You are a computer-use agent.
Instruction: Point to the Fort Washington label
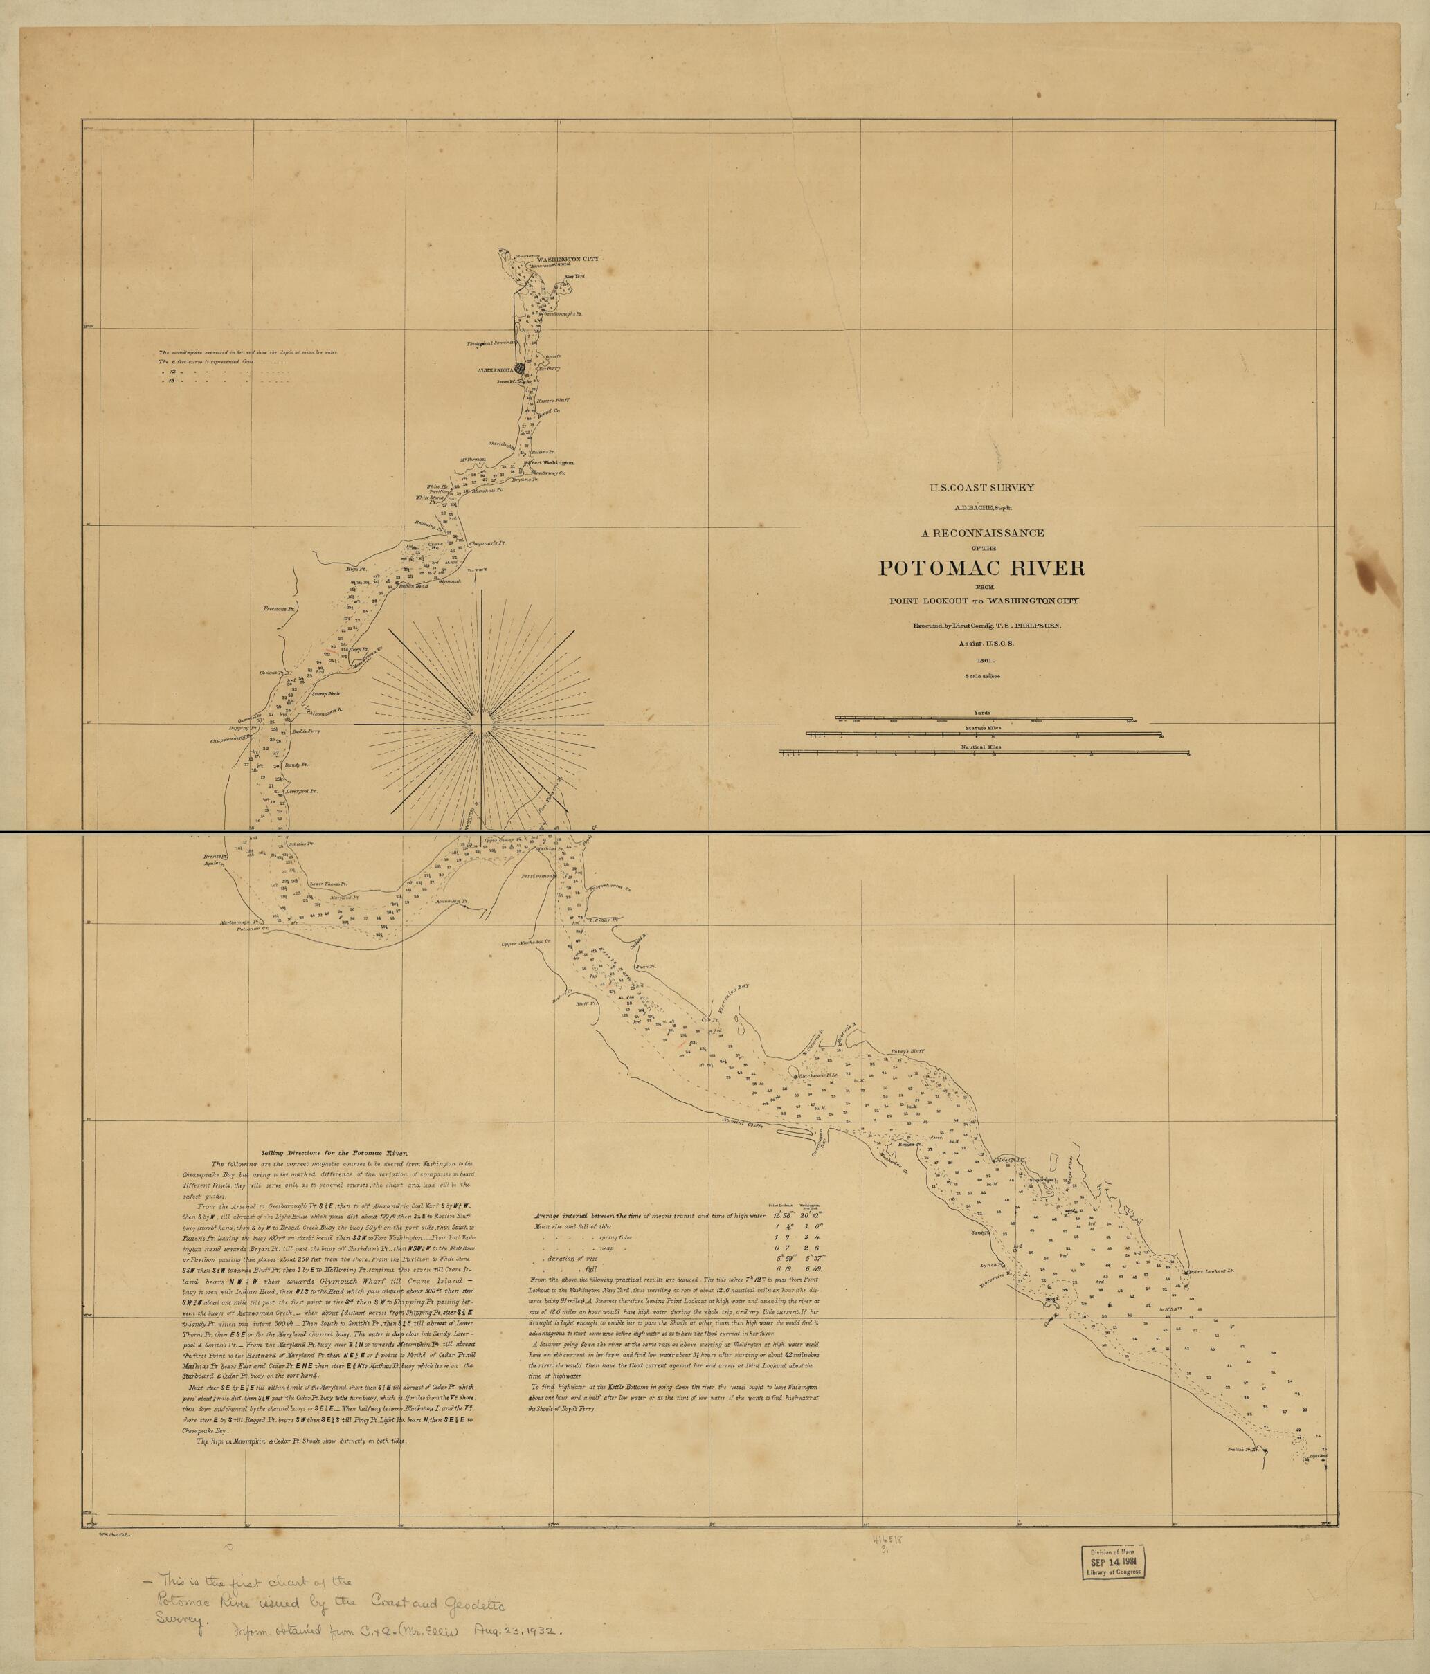552,463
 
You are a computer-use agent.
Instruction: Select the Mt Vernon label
473,460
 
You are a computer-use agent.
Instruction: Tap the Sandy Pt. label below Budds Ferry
298,763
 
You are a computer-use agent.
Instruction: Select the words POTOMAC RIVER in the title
981,567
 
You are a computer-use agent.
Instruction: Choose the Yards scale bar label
982,713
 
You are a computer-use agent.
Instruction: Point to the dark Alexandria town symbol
520,367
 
